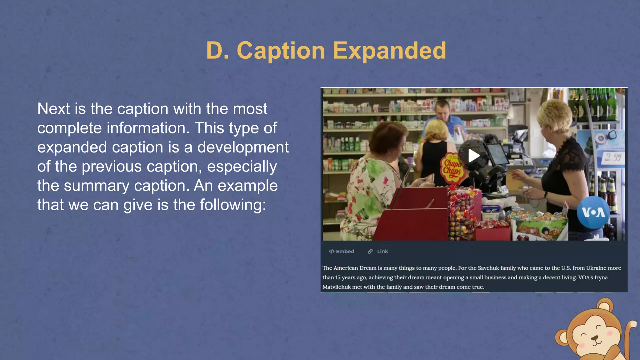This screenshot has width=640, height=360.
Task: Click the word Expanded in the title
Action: [389, 51]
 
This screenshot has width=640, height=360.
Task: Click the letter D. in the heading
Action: [217, 51]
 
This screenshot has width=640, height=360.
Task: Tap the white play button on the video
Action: [473, 156]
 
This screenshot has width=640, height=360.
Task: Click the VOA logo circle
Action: [593, 212]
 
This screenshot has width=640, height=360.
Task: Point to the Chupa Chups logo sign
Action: [452, 167]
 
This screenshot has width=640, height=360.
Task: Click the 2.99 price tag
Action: [612, 157]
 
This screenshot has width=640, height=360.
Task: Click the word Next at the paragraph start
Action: [53, 109]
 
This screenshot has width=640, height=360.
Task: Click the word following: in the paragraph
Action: [233, 205]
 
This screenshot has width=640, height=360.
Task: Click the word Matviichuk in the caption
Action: [336, 287]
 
